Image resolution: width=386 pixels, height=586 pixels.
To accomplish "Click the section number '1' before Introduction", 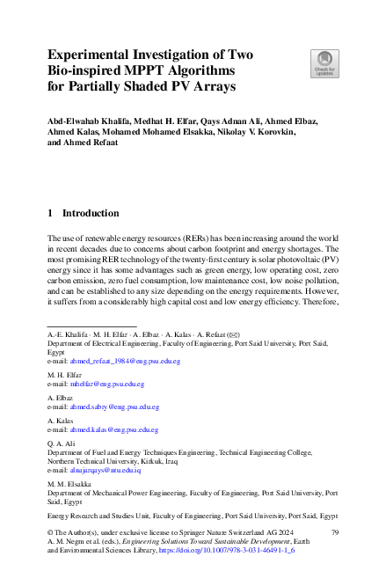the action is [51, 213].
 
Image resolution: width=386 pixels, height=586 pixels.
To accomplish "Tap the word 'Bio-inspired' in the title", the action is [90, 70].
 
